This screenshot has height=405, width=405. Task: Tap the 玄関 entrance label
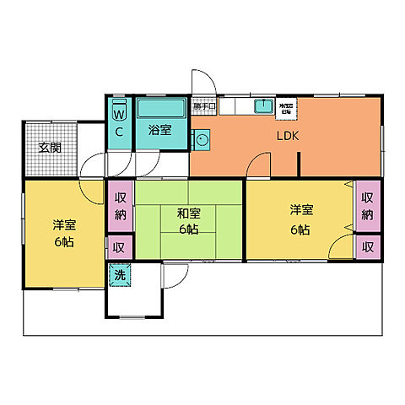click(50, 148)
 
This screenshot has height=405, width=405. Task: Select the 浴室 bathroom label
click(160, 131)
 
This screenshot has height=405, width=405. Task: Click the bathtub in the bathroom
click(160, 109)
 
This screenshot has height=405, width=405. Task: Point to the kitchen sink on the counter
click(262, 105)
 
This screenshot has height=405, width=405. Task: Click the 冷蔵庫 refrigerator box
click(288, 106)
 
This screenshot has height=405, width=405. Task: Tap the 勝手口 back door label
click(203, 106)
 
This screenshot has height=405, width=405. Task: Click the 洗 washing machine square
click(118, 274)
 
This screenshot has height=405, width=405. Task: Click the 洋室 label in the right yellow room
click(300, 209)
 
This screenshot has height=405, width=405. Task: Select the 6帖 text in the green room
click(188, 229)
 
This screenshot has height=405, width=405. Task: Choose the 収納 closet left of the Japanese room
click(119, 207)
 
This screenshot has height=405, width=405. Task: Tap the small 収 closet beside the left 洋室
click(119, 248)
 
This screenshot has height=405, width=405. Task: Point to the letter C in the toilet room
click(119, 132)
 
